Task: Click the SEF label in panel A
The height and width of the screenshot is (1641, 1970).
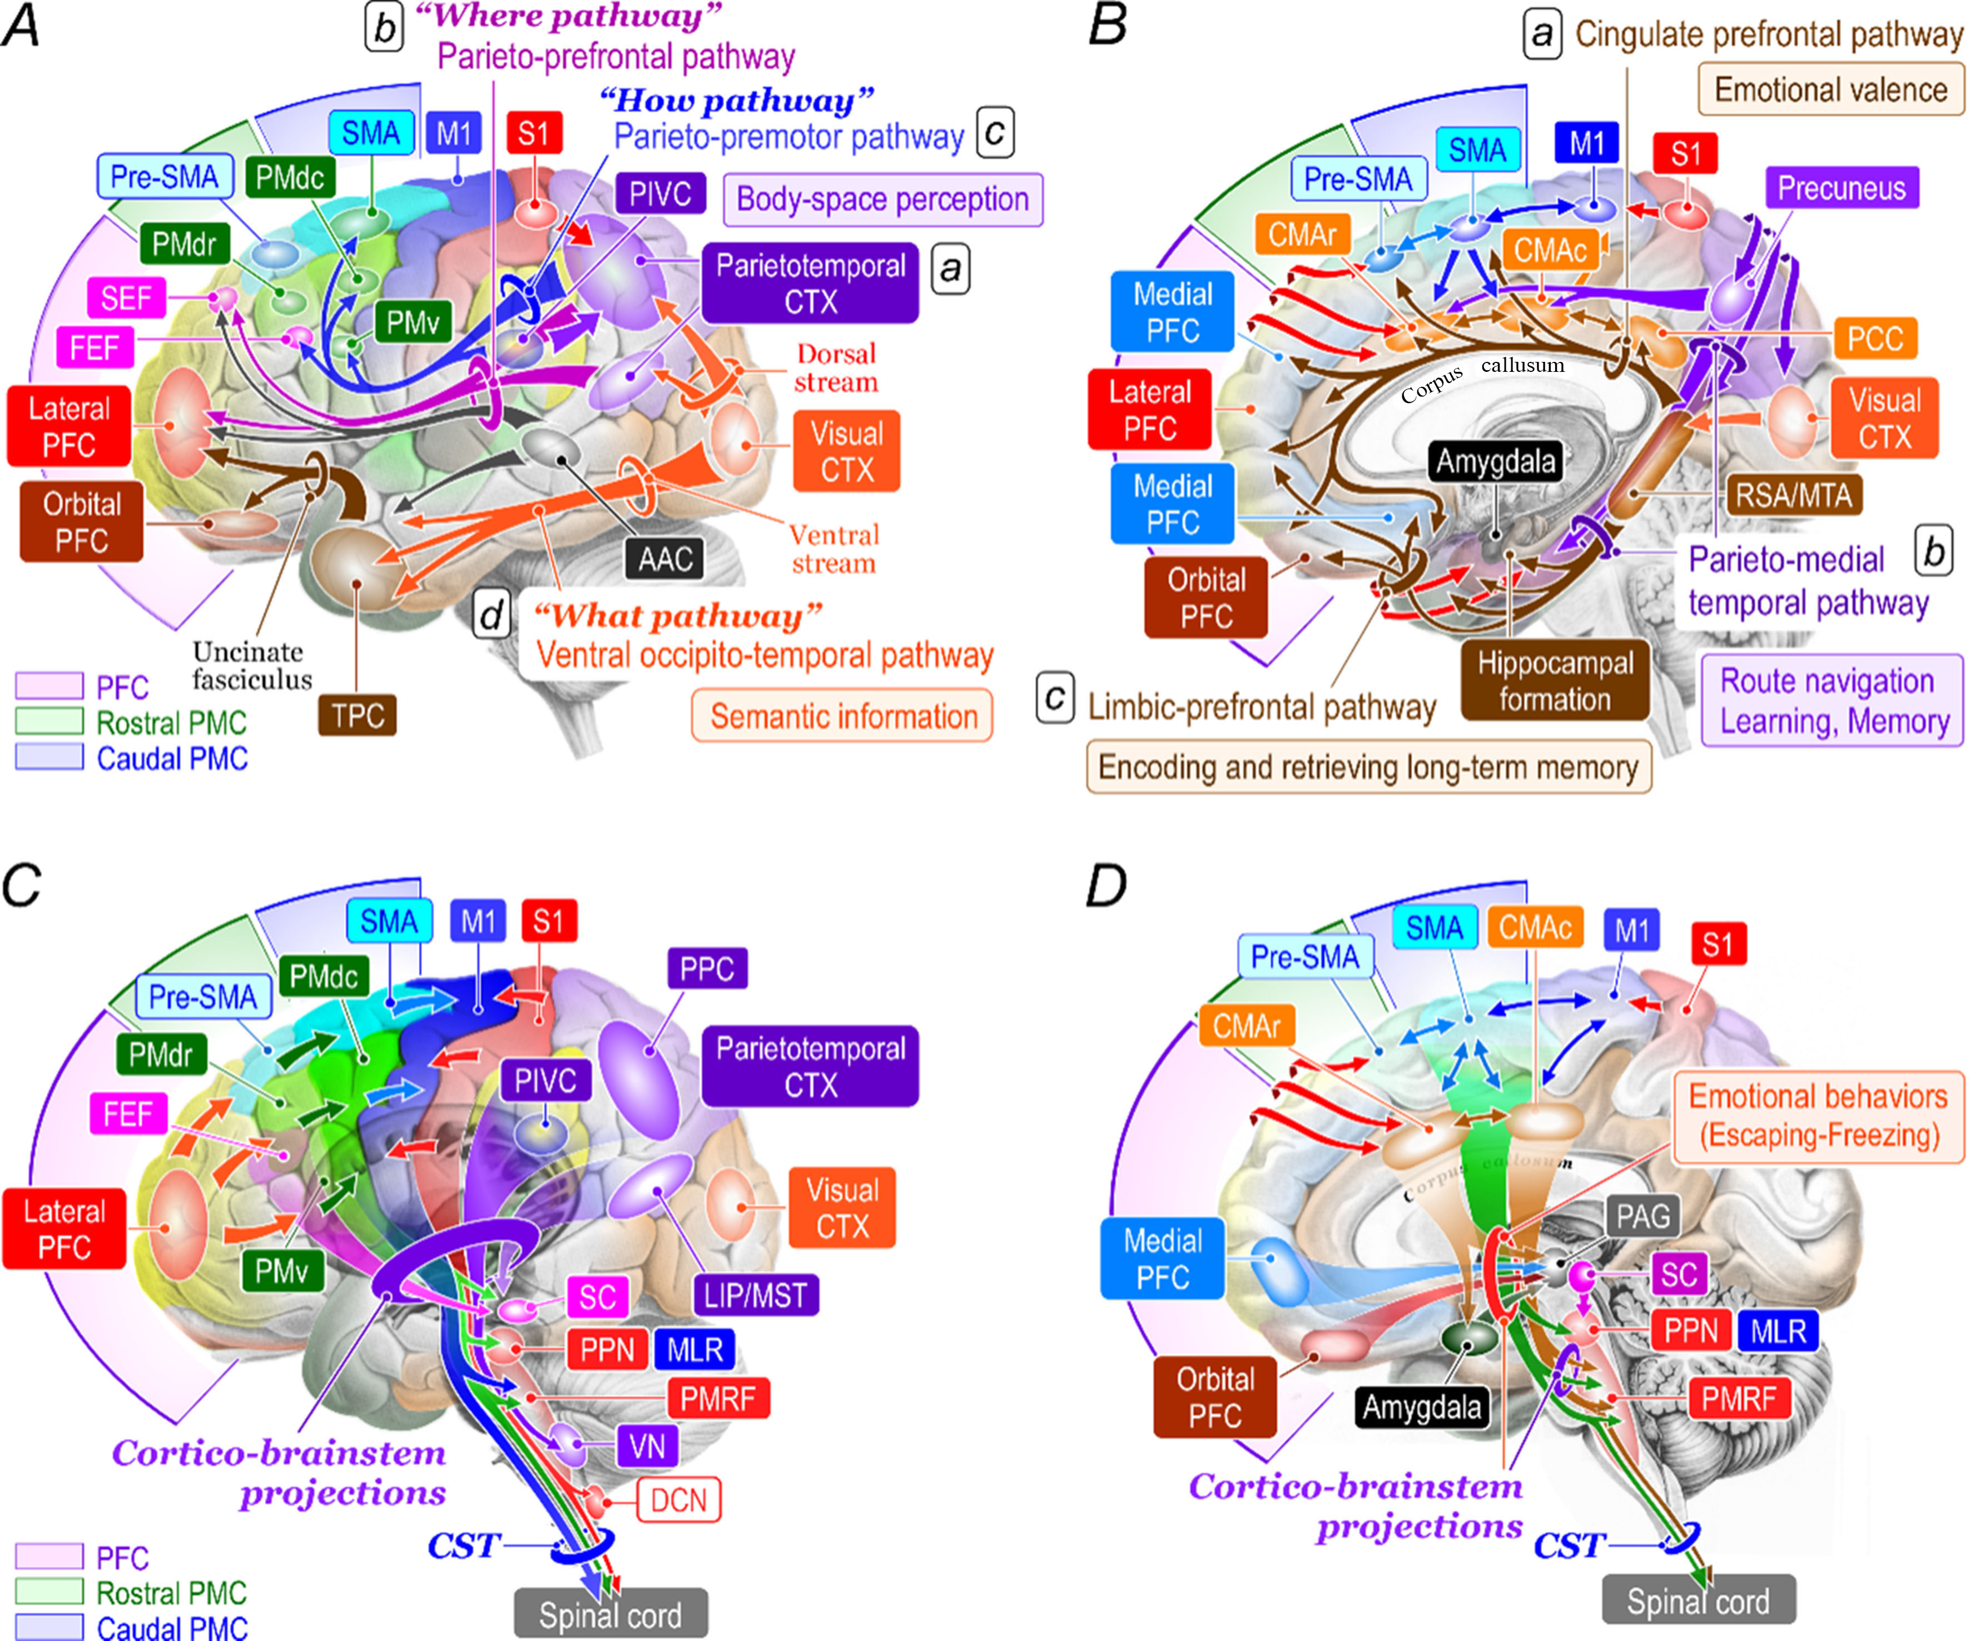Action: (126, 298)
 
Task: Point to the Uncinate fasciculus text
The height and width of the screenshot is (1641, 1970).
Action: (251, 665)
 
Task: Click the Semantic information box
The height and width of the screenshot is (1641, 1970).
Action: (842, 717)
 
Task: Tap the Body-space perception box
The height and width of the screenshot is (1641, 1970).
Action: (882, 200)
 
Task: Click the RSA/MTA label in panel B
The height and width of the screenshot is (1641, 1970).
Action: (1793, 495)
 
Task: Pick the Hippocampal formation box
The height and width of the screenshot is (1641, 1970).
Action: (1555, 681)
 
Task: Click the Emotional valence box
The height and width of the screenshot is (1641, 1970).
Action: (1830, 90)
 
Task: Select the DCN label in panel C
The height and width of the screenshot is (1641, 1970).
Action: (678, 1500)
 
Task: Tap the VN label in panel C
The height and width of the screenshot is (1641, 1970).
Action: (646, 1446)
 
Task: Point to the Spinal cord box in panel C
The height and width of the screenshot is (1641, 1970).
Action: (610, 1615)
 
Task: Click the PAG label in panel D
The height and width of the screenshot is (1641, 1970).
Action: (1643, 1216)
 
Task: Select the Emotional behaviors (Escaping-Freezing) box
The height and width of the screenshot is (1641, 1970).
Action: (1818, 1116)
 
